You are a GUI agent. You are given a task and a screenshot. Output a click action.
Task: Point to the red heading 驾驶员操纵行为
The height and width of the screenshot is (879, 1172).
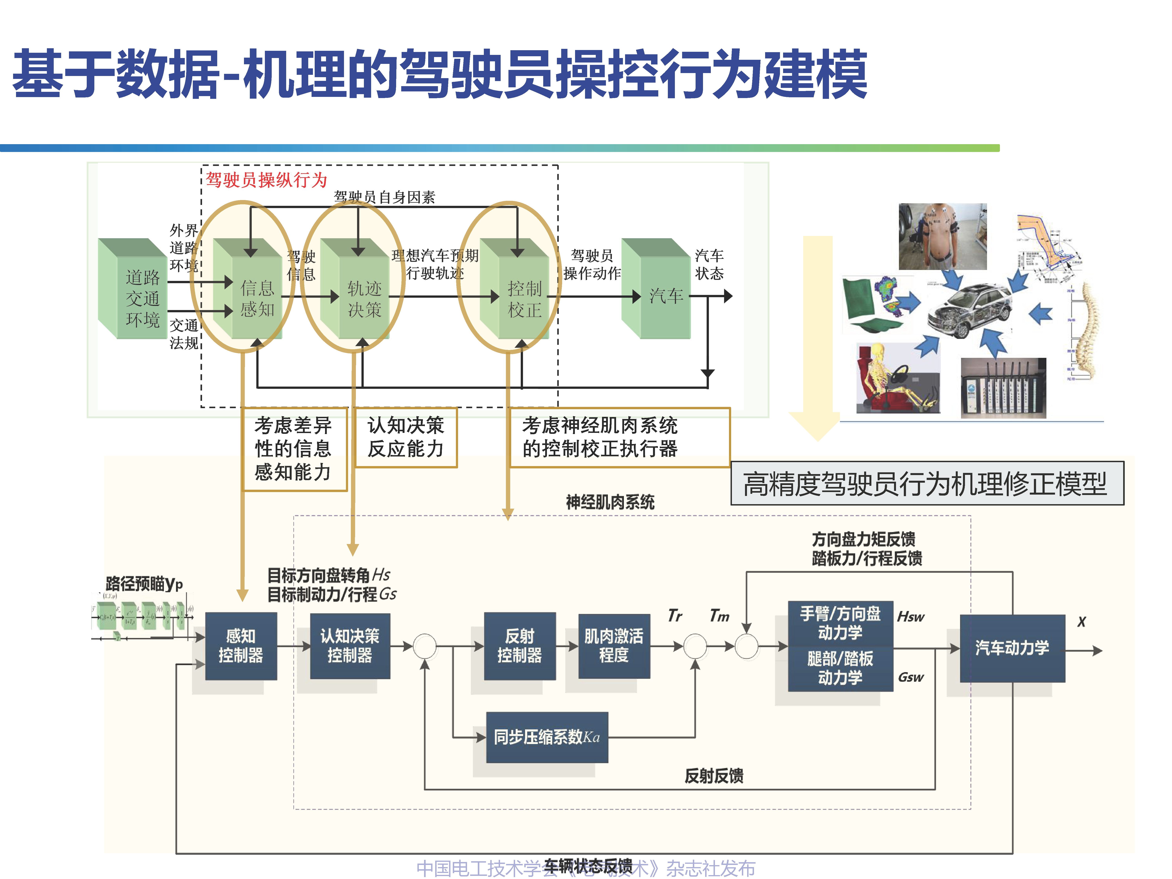[x=266, y=180]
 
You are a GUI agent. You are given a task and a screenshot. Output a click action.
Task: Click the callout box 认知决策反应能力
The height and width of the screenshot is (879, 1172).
[x=405, y=437]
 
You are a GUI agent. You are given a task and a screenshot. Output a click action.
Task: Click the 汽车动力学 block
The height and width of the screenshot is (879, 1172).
[x=1012, y=648]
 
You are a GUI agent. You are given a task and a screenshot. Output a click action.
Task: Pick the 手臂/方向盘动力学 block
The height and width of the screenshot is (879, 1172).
[x=840, y=623]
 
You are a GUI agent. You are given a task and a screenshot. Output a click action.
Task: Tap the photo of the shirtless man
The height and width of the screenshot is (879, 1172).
[x=942, y=236]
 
